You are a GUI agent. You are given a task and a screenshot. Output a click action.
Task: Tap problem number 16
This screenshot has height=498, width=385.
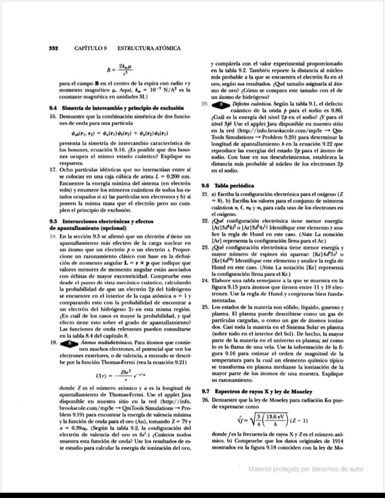[x=53, y=115]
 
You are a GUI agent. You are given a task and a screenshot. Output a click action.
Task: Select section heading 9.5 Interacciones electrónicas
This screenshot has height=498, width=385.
[x=103, y=220]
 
